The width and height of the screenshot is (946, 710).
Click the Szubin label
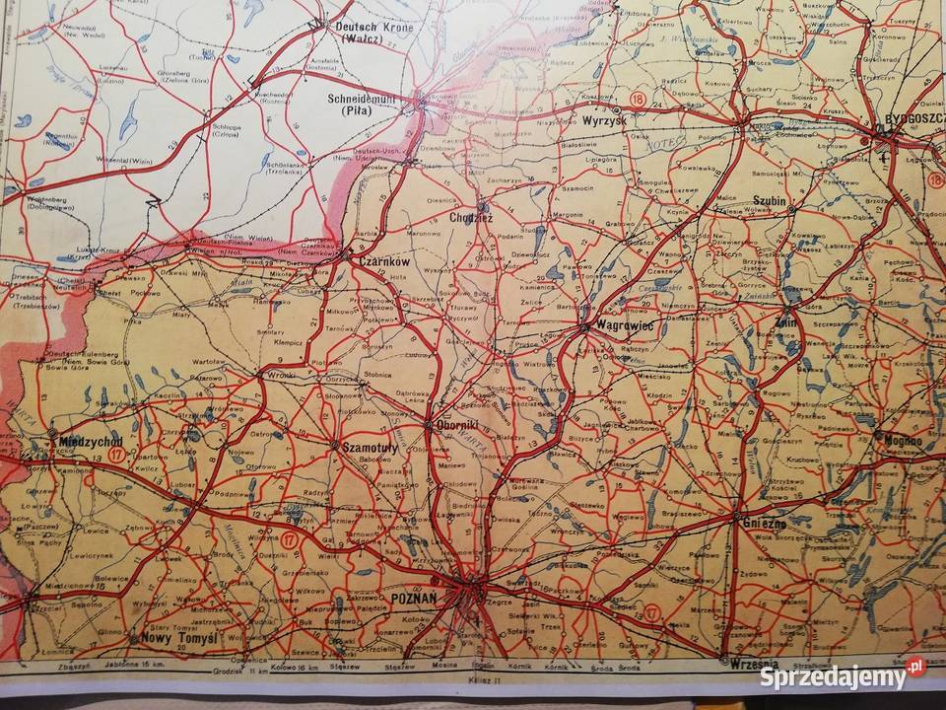point(770,200)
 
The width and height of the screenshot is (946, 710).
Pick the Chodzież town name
point(470,216)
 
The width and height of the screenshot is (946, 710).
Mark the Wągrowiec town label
point(619,334)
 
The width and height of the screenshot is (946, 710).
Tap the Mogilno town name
point(903,441)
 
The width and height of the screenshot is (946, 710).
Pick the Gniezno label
point(765,524)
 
